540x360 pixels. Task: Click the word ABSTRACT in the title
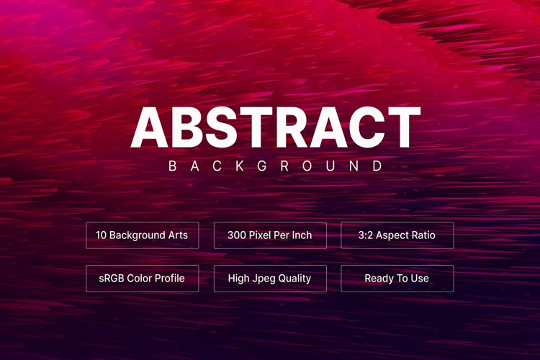coord(275,127)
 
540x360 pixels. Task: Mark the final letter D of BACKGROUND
coord(377,166)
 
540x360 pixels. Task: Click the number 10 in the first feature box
coord(102,235)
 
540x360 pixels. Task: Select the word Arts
coord(177,235)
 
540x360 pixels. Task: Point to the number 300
coord(237,235)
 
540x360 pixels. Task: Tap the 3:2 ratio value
coord(366,235)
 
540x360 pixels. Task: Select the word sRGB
coord(112,279)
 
